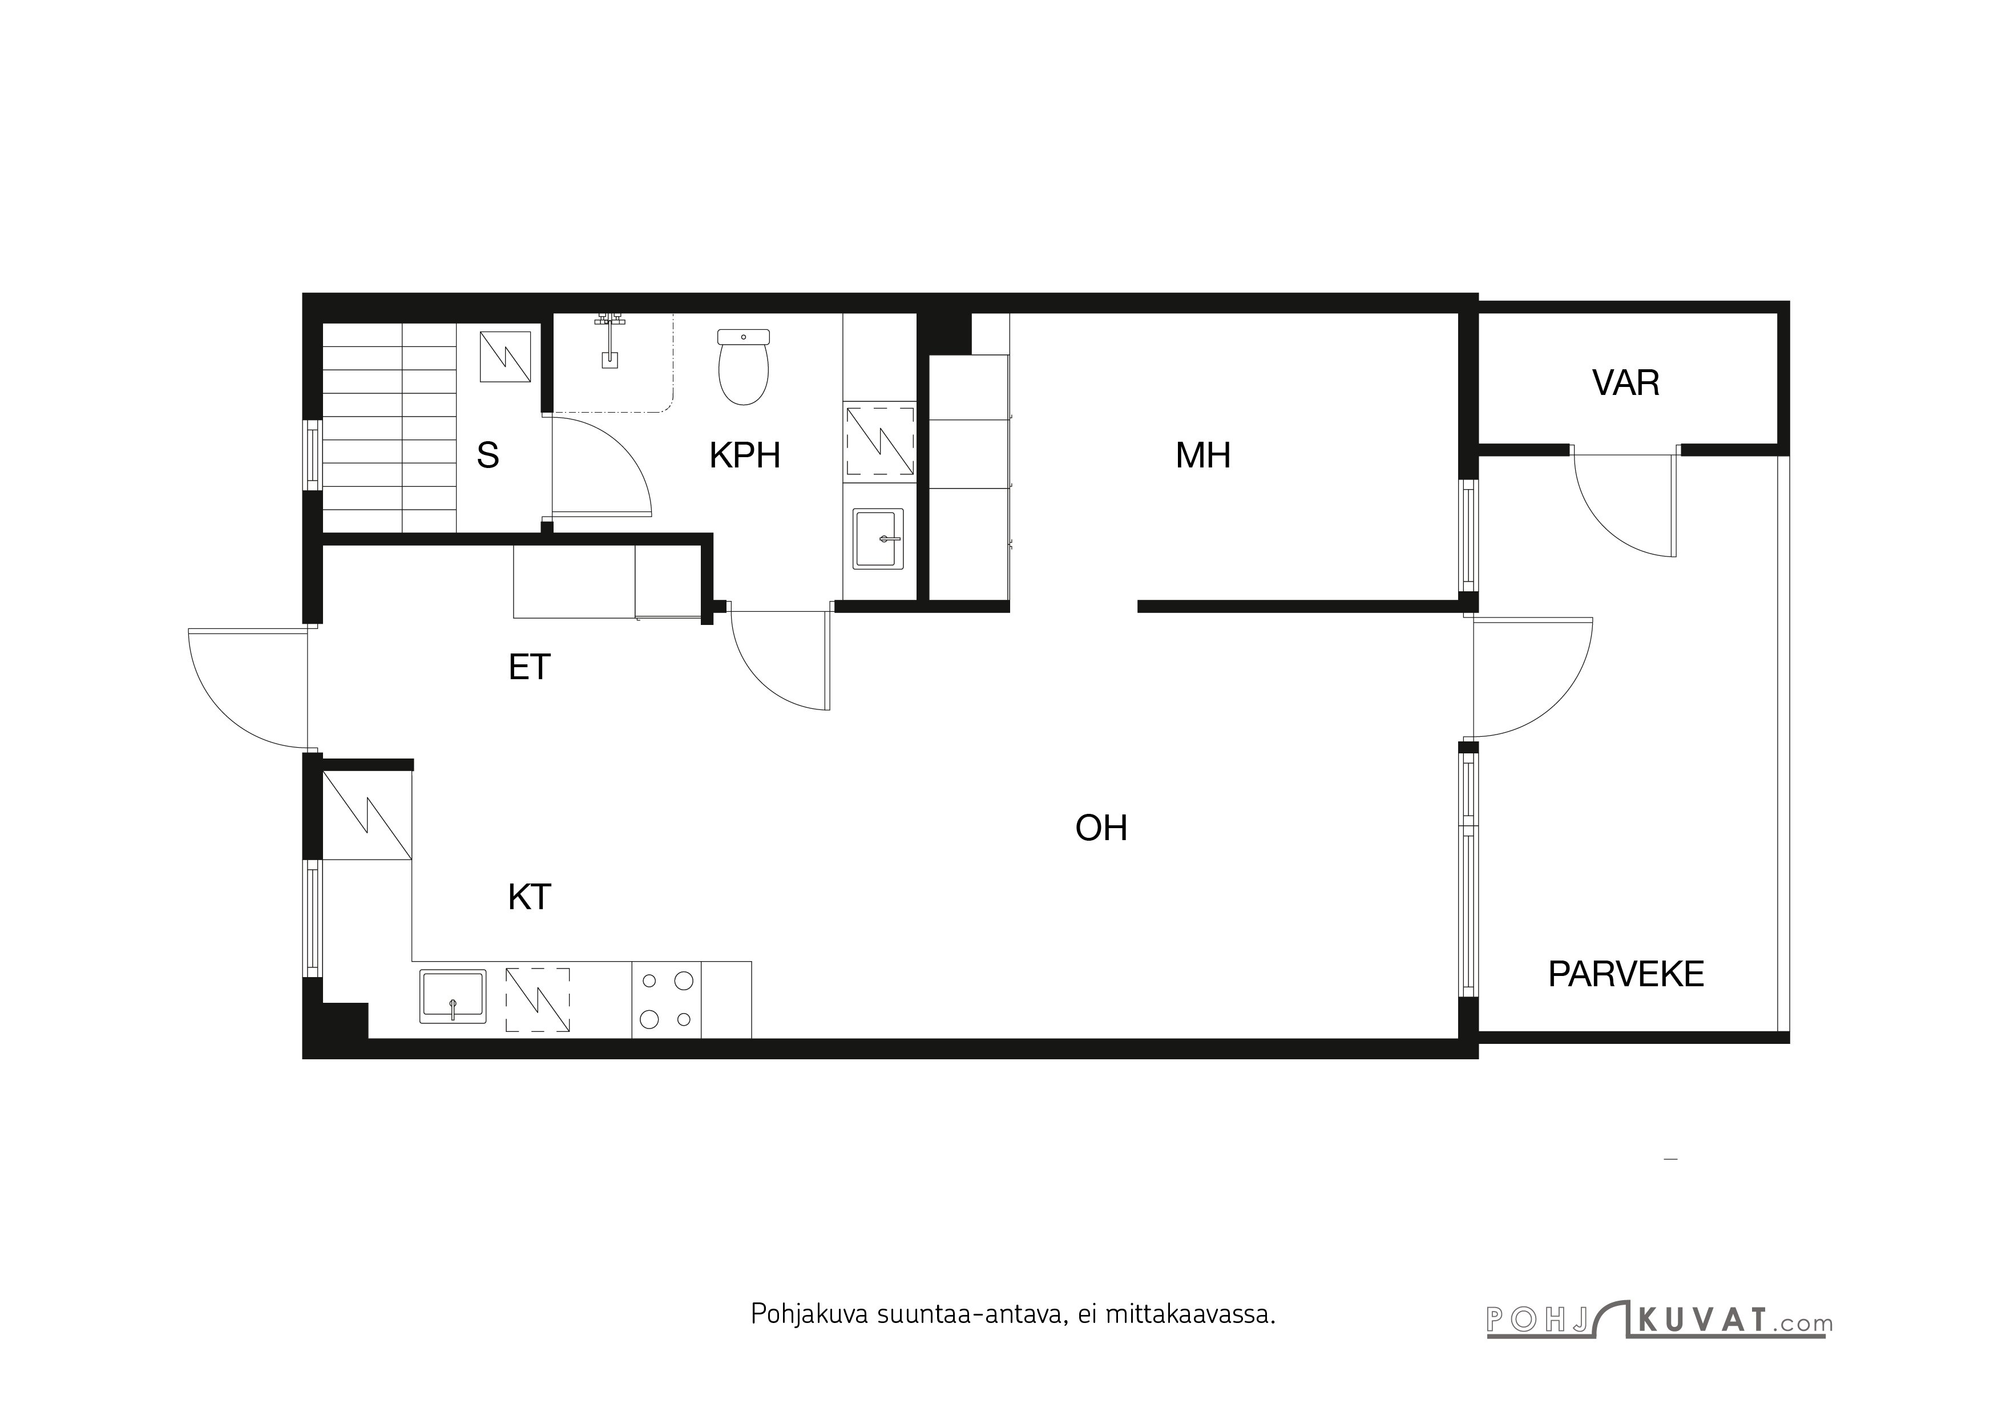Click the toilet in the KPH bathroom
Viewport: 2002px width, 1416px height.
[743, 368]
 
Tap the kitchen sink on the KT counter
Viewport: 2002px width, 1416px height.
[453, 996]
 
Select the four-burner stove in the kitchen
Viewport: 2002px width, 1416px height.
[666, 1000]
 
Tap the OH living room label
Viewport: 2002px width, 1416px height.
[1101, 828]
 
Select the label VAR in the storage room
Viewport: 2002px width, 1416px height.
[1625, 384]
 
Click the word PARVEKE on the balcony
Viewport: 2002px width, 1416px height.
[1625, 974]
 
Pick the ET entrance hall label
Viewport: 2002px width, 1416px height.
[529, 668]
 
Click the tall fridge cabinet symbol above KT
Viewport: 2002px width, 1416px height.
[366, 815]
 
